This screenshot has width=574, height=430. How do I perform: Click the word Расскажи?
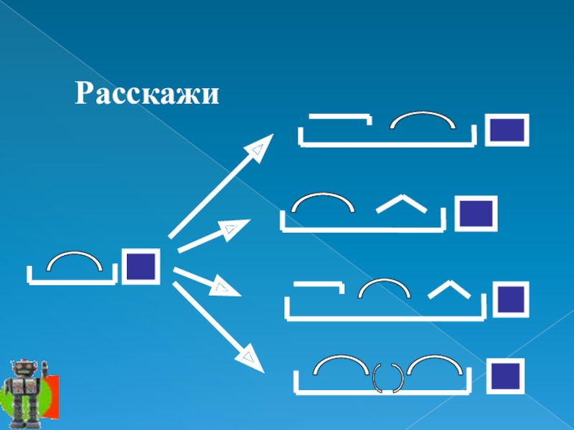(147, 94)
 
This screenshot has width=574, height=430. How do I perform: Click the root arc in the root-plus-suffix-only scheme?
(324, 201)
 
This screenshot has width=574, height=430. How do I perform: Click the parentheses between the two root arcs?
(387, 378)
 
